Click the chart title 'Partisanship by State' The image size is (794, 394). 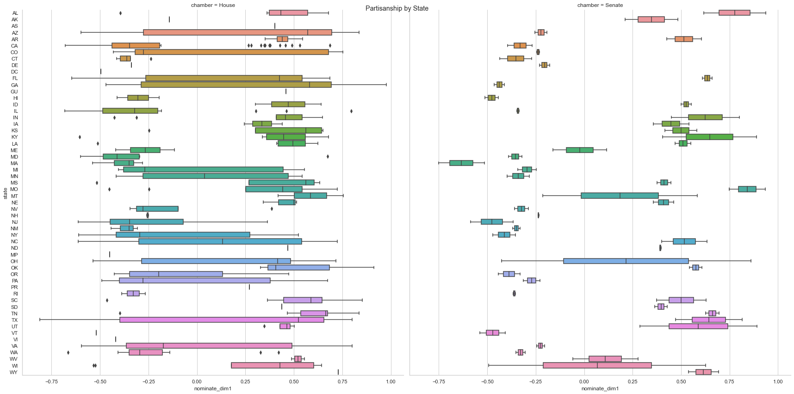coord(397,8)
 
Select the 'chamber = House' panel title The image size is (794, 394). coord(213,5)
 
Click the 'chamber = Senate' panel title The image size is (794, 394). coord(600,5)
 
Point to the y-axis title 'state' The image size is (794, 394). coord(5,193)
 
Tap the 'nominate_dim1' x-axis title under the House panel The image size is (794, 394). coord(213,388)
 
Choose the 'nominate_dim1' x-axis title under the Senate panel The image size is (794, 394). coord(600,388)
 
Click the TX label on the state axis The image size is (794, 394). coord(14,320)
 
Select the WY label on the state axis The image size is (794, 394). coord(14,372)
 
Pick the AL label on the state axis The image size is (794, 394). coord(15,13)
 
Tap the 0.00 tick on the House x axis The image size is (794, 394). coord(197,382)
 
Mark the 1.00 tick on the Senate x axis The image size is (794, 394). coord(778,382)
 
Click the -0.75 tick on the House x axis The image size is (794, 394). coord(51,382)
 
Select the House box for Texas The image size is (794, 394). coord(222,320)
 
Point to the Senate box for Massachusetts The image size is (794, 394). coord(461,163)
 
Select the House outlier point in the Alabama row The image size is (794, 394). coord(120,13)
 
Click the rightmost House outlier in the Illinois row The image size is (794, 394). coord(351,111)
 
